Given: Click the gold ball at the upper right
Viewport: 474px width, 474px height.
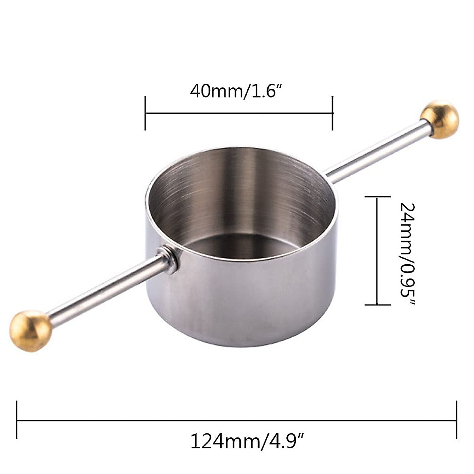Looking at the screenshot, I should [439, 120].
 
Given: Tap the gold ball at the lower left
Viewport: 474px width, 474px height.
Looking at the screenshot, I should [31, 331].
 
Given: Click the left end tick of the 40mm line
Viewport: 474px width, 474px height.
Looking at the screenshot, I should [145, 113].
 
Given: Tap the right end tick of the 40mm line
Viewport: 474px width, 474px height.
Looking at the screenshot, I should [333, 113].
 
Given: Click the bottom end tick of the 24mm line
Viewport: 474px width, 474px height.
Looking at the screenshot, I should [377, 305].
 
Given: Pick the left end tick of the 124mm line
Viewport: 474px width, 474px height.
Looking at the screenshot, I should [17, 420].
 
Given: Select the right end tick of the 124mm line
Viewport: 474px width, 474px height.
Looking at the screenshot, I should [457, 420].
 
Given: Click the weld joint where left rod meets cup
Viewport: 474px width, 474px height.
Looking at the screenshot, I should [169, 259].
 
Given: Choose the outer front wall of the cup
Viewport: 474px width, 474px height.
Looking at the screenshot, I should [253, 304].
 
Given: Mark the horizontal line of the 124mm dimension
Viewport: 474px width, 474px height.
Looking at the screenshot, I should [237, 420].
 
